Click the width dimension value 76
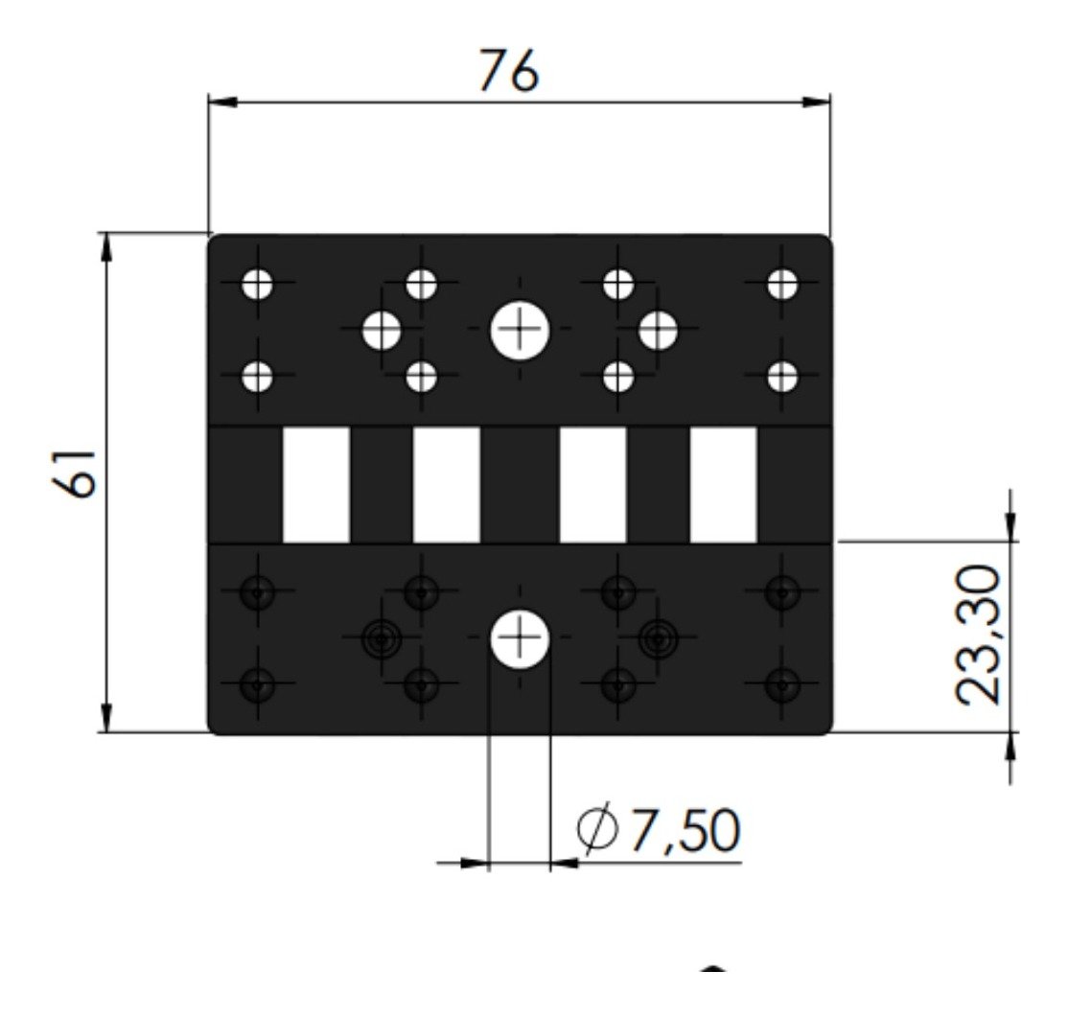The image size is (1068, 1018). tap(508, 69)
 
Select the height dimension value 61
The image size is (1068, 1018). tap(74, 474)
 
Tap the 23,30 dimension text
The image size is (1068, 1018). tap(979, 634)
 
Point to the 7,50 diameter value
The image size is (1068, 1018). tap(685, 830)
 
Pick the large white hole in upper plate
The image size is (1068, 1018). tap(520, 330)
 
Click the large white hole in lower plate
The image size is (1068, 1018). tap(520, 638)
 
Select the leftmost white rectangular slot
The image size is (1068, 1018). tap(316, 485)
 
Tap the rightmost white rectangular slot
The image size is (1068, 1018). tap(724, 485)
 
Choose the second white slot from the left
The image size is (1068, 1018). tap(447, 485)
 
